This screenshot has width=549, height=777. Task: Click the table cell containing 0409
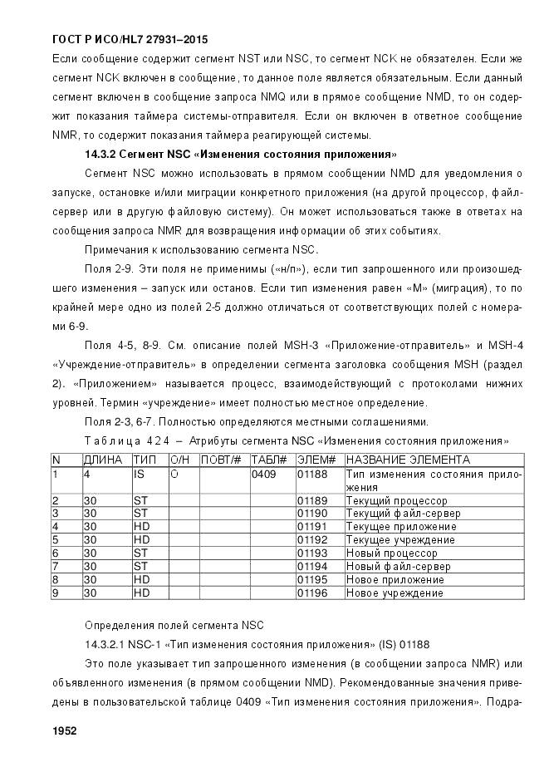(263, 474)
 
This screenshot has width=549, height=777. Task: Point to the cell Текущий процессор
(396, 500)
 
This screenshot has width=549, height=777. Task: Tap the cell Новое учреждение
(394, 593)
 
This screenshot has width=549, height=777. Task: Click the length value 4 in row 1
(86, 474)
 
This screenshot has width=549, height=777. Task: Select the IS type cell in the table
(139, 474)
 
